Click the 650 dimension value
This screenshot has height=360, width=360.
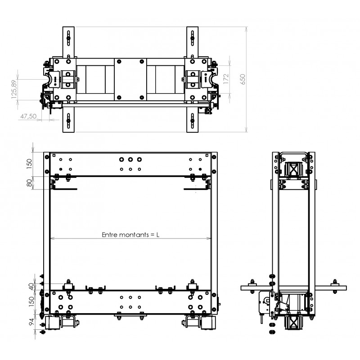tap(243, 80)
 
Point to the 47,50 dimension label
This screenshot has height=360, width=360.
tap(28, 116)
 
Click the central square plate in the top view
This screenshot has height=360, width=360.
tap(130, 80)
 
